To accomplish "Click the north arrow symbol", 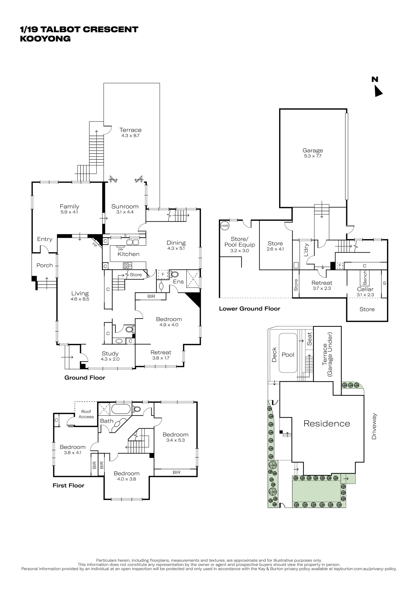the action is click(378, 91).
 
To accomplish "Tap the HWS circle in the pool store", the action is click(225, 226).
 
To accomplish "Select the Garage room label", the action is click(313, 150).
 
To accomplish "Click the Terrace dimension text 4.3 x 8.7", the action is click(130, 136).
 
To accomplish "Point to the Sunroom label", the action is click(125, 207).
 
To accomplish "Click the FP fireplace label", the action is click(95, 245).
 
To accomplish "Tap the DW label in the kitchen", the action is click(121, 249).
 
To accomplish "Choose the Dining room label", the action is click(176, 243).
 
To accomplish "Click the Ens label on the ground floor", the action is click(178, 282).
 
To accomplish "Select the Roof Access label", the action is click(86, 414).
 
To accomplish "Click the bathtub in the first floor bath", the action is click(121, 409).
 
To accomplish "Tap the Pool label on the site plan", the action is click(288, 355).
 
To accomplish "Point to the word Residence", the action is click(327, 423).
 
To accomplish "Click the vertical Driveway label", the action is click(374, 426).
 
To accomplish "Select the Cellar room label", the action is click(365, 289).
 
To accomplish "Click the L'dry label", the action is click(306, 250).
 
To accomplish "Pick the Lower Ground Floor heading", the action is click(249, 309).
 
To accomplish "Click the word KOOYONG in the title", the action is click(45, 39).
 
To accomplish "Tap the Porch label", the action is click(45, 265).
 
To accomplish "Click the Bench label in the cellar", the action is click(365, 277).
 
